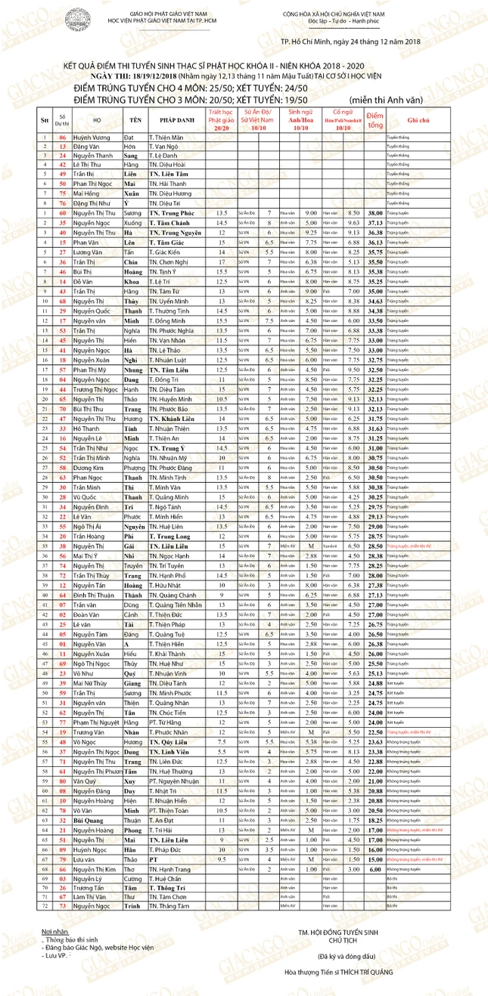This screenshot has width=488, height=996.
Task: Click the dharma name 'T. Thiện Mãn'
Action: tap(167, 138)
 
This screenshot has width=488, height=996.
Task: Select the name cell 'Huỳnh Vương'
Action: tap(89, 138)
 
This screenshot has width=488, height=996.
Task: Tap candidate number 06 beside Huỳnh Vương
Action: tap(63, 138)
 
